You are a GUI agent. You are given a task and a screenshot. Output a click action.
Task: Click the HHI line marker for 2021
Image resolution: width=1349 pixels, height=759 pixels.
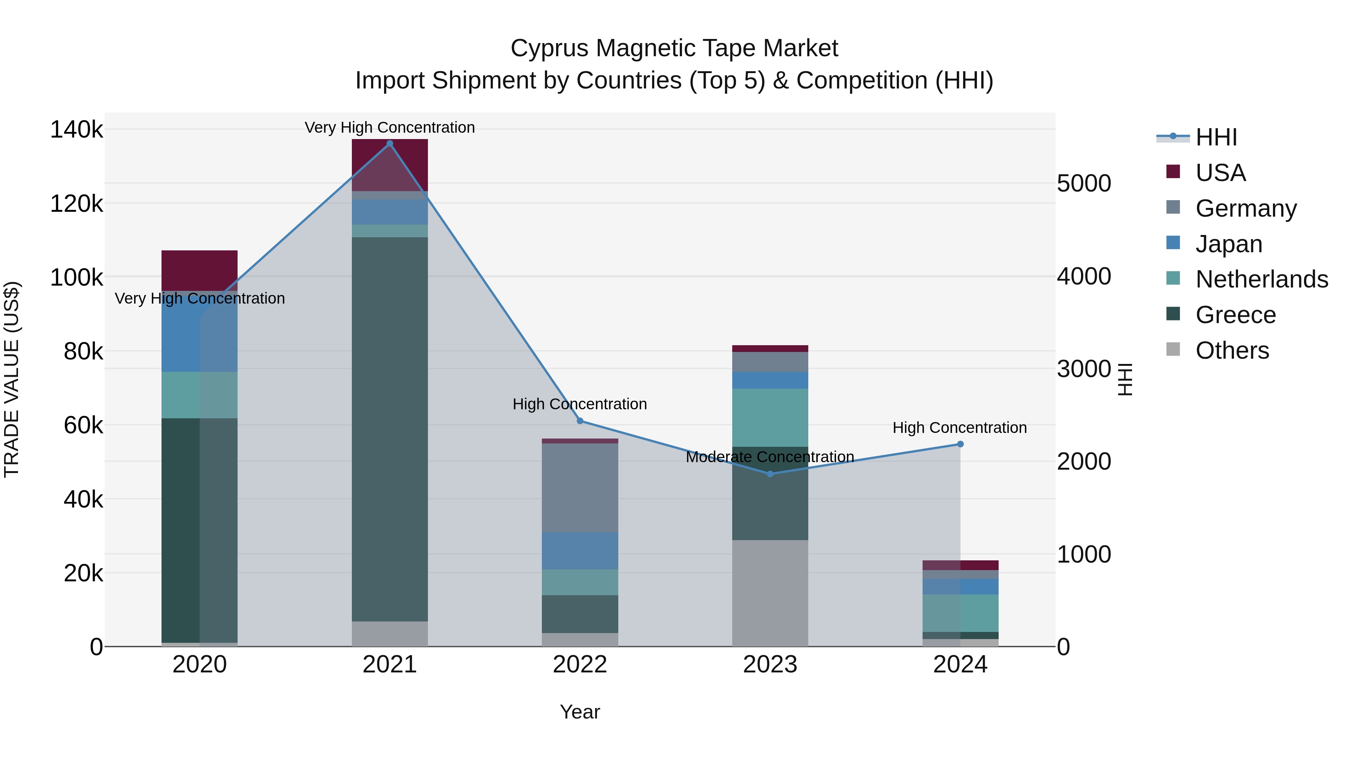click(x=390, y=144)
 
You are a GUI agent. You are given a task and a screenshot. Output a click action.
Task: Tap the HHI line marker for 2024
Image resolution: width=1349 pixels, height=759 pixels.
click(x=960, y=444)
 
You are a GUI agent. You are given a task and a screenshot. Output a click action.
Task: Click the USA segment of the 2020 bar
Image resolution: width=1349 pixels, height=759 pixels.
click(x=199, y=270)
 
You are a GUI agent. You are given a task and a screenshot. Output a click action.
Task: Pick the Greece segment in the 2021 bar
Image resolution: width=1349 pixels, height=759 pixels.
click(x=390, y=430)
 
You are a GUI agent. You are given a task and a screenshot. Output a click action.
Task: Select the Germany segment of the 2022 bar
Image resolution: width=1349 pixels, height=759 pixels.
click(x=580, y=487)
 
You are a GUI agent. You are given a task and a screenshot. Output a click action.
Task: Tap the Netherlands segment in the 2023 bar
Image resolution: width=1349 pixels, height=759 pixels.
click(x=770, y=418)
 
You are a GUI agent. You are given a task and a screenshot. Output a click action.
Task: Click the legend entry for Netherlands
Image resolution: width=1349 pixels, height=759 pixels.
click(x=1262, y=279)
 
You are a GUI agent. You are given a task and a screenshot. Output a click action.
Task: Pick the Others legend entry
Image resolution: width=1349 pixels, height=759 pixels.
click(x=1232, y=350)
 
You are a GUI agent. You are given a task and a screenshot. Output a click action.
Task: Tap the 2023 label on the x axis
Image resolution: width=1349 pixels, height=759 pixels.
click(x=770, y=665)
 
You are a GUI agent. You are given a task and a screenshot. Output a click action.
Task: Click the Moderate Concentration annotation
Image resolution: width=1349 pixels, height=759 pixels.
click(x=770, y=457)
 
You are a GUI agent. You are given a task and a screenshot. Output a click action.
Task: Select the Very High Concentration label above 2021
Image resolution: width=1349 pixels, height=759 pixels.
click(x=390, y=128)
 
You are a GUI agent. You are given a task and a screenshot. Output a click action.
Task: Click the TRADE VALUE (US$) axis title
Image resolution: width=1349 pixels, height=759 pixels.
click(x=12, y=379)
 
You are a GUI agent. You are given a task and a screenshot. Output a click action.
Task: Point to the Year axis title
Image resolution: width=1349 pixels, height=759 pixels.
click(x=580, y=712)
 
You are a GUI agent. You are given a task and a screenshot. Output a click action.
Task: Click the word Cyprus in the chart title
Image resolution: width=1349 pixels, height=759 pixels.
click(x=549, y=49)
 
